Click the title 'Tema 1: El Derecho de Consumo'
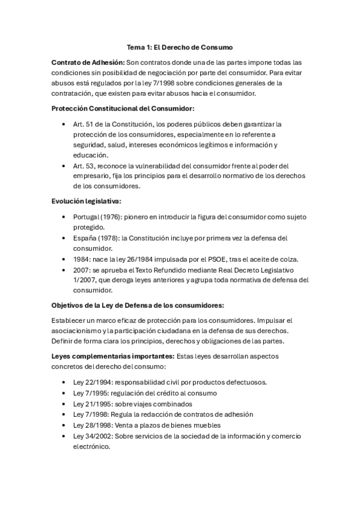[180, 46]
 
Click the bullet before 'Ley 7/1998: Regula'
[64, 414]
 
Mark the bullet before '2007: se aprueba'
[64, 270]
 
